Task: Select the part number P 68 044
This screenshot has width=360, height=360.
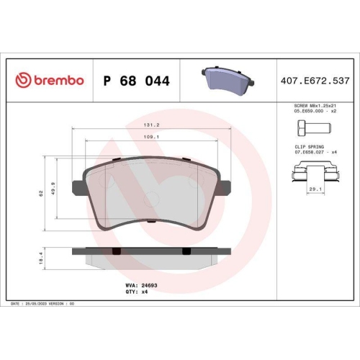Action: [x=137, y=81]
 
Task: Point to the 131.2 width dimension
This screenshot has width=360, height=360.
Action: [x=150, y=124]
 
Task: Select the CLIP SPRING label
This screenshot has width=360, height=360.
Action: [x=306, y=146]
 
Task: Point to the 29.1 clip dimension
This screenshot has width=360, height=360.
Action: [x=315, y=189]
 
